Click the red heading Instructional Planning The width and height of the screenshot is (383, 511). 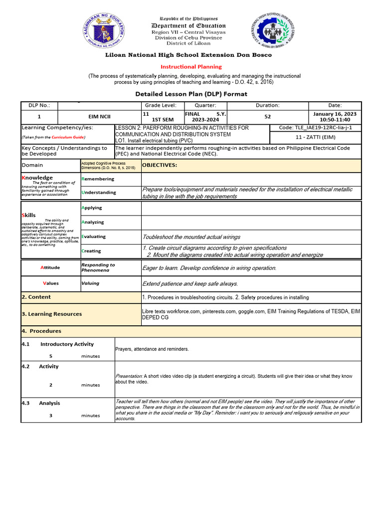coord(191,66)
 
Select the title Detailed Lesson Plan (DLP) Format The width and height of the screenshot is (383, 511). coord(191,94)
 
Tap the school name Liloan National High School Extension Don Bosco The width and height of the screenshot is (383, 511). coord(191,55)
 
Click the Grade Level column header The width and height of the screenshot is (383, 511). coord(161,105)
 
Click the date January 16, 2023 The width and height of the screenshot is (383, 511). coord(335,114)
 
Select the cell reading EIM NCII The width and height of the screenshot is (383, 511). coord(99,117)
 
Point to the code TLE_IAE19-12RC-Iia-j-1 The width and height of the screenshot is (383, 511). coord(315,128)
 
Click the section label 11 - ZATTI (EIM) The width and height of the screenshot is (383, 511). coord(315,137)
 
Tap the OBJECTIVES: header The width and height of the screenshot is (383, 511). coord(160,165)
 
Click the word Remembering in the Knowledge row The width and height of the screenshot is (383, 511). coord(98,179)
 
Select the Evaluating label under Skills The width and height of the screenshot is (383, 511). coord(94,237)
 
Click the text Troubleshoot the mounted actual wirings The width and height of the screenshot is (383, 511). coord(191,237)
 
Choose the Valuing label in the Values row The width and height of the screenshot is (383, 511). coord(90,283)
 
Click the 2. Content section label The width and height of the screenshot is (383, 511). coord(36,297)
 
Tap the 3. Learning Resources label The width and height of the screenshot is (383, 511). coord(51,314)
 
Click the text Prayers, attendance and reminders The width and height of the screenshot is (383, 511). coord(152,349)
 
